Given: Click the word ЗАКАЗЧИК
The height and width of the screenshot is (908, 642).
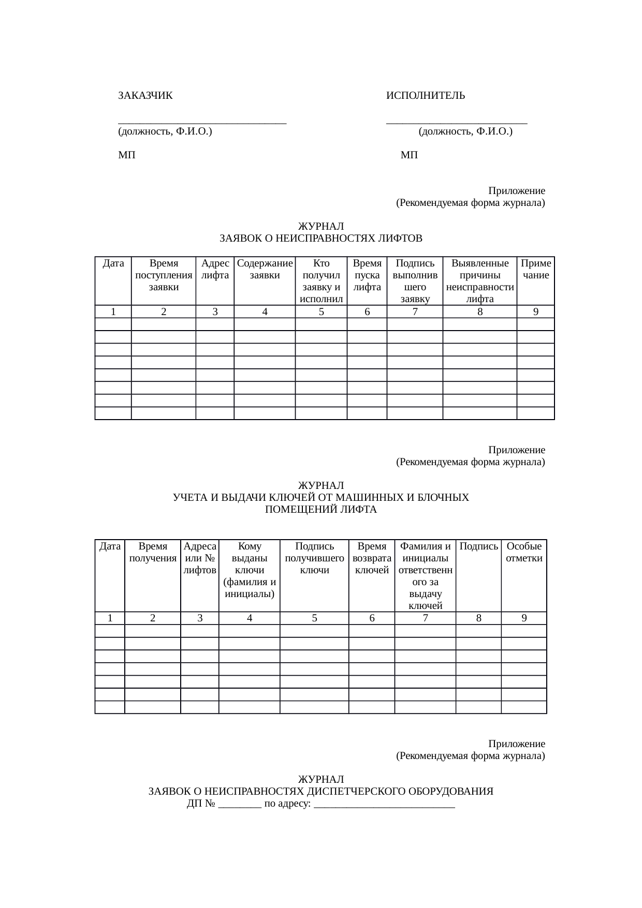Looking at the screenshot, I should point(145,96).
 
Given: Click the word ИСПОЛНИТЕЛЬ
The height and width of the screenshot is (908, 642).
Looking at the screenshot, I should point(426,96).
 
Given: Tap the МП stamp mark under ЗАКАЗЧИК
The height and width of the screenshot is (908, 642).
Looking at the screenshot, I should point(127,155).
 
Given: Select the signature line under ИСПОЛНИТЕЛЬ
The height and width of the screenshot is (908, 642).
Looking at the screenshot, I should point(457,122).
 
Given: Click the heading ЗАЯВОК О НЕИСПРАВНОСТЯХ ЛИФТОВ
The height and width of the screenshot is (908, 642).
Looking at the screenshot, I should point(321,239).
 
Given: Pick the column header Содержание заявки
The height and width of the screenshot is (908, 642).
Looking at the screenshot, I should point(265,269).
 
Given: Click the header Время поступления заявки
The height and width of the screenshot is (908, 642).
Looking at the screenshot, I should point(164,275).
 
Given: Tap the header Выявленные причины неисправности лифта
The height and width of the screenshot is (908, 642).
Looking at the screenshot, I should point(480,281).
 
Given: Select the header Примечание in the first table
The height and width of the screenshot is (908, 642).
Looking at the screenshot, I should point(536,269).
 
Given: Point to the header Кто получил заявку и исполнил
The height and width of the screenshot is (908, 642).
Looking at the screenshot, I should point(321,281).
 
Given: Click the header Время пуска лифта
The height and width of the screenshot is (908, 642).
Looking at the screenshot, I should point(367,275).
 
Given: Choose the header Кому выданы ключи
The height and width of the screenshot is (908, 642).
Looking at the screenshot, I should point(250,570).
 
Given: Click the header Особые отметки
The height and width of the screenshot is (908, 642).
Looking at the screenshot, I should point(524,552).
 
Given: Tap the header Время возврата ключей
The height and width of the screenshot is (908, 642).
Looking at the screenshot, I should point(372,558).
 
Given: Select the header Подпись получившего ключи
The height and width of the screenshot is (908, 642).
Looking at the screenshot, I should point(314,558).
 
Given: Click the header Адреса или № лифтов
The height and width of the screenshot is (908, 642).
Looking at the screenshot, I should point(200,558).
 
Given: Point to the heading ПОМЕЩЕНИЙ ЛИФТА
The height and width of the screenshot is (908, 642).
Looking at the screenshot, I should point(321,510).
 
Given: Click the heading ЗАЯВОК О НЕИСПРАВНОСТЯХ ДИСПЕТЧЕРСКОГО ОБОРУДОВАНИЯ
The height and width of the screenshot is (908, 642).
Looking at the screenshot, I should point(321,792).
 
